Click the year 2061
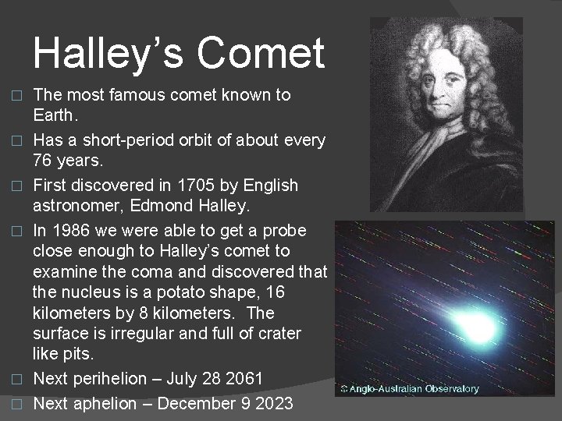[x=244, y=379]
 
